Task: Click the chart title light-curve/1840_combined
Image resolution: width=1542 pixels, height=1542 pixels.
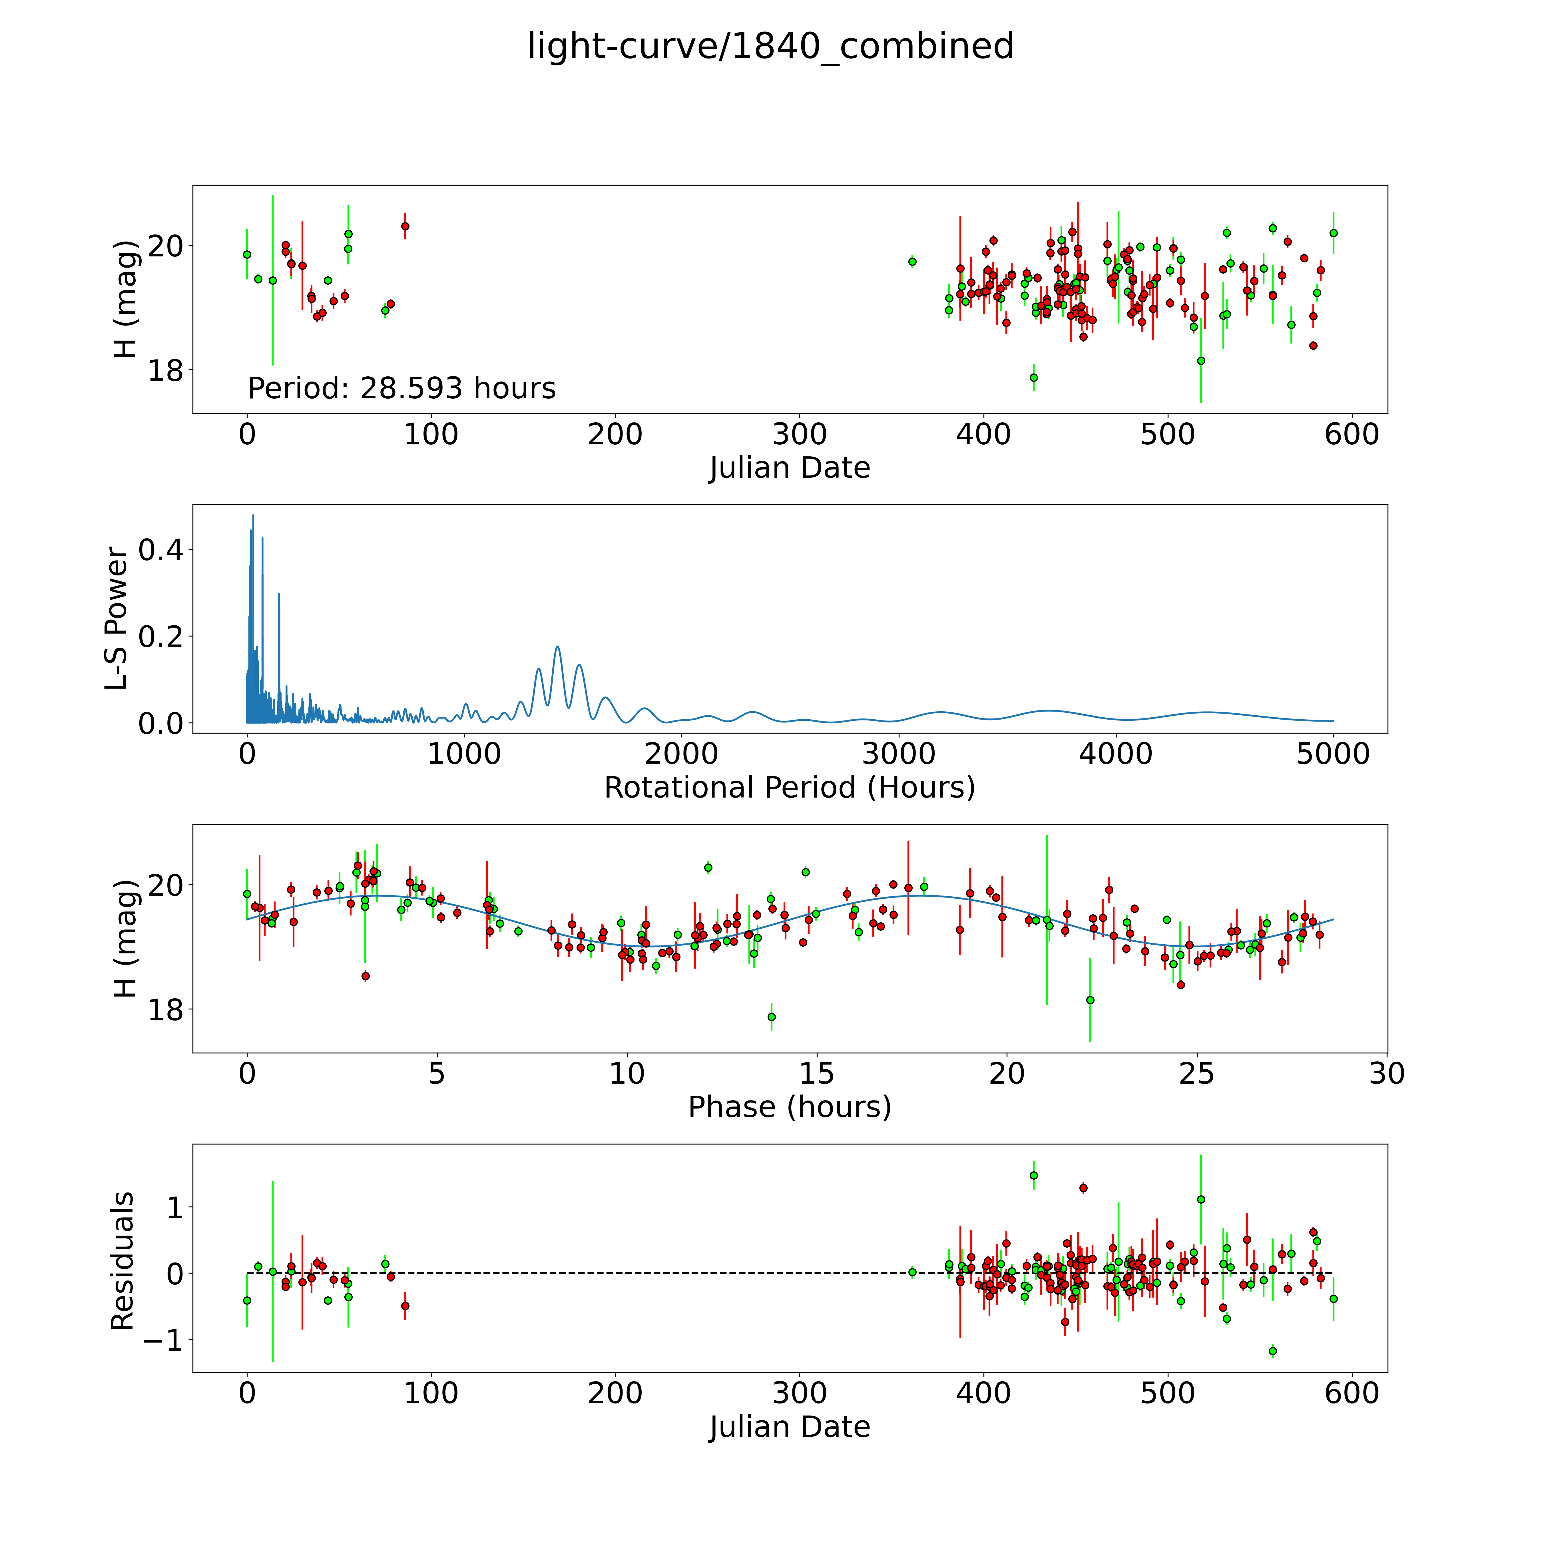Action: pos(770,46)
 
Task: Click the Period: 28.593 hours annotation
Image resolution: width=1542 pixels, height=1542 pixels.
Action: pos(401,389)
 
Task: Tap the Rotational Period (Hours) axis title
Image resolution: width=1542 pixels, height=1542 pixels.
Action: pos(789,788)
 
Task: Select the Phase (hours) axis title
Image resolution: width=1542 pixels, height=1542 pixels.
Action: pos(789,1107)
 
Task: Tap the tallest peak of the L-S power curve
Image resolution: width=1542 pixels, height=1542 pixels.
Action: pos(253,516)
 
